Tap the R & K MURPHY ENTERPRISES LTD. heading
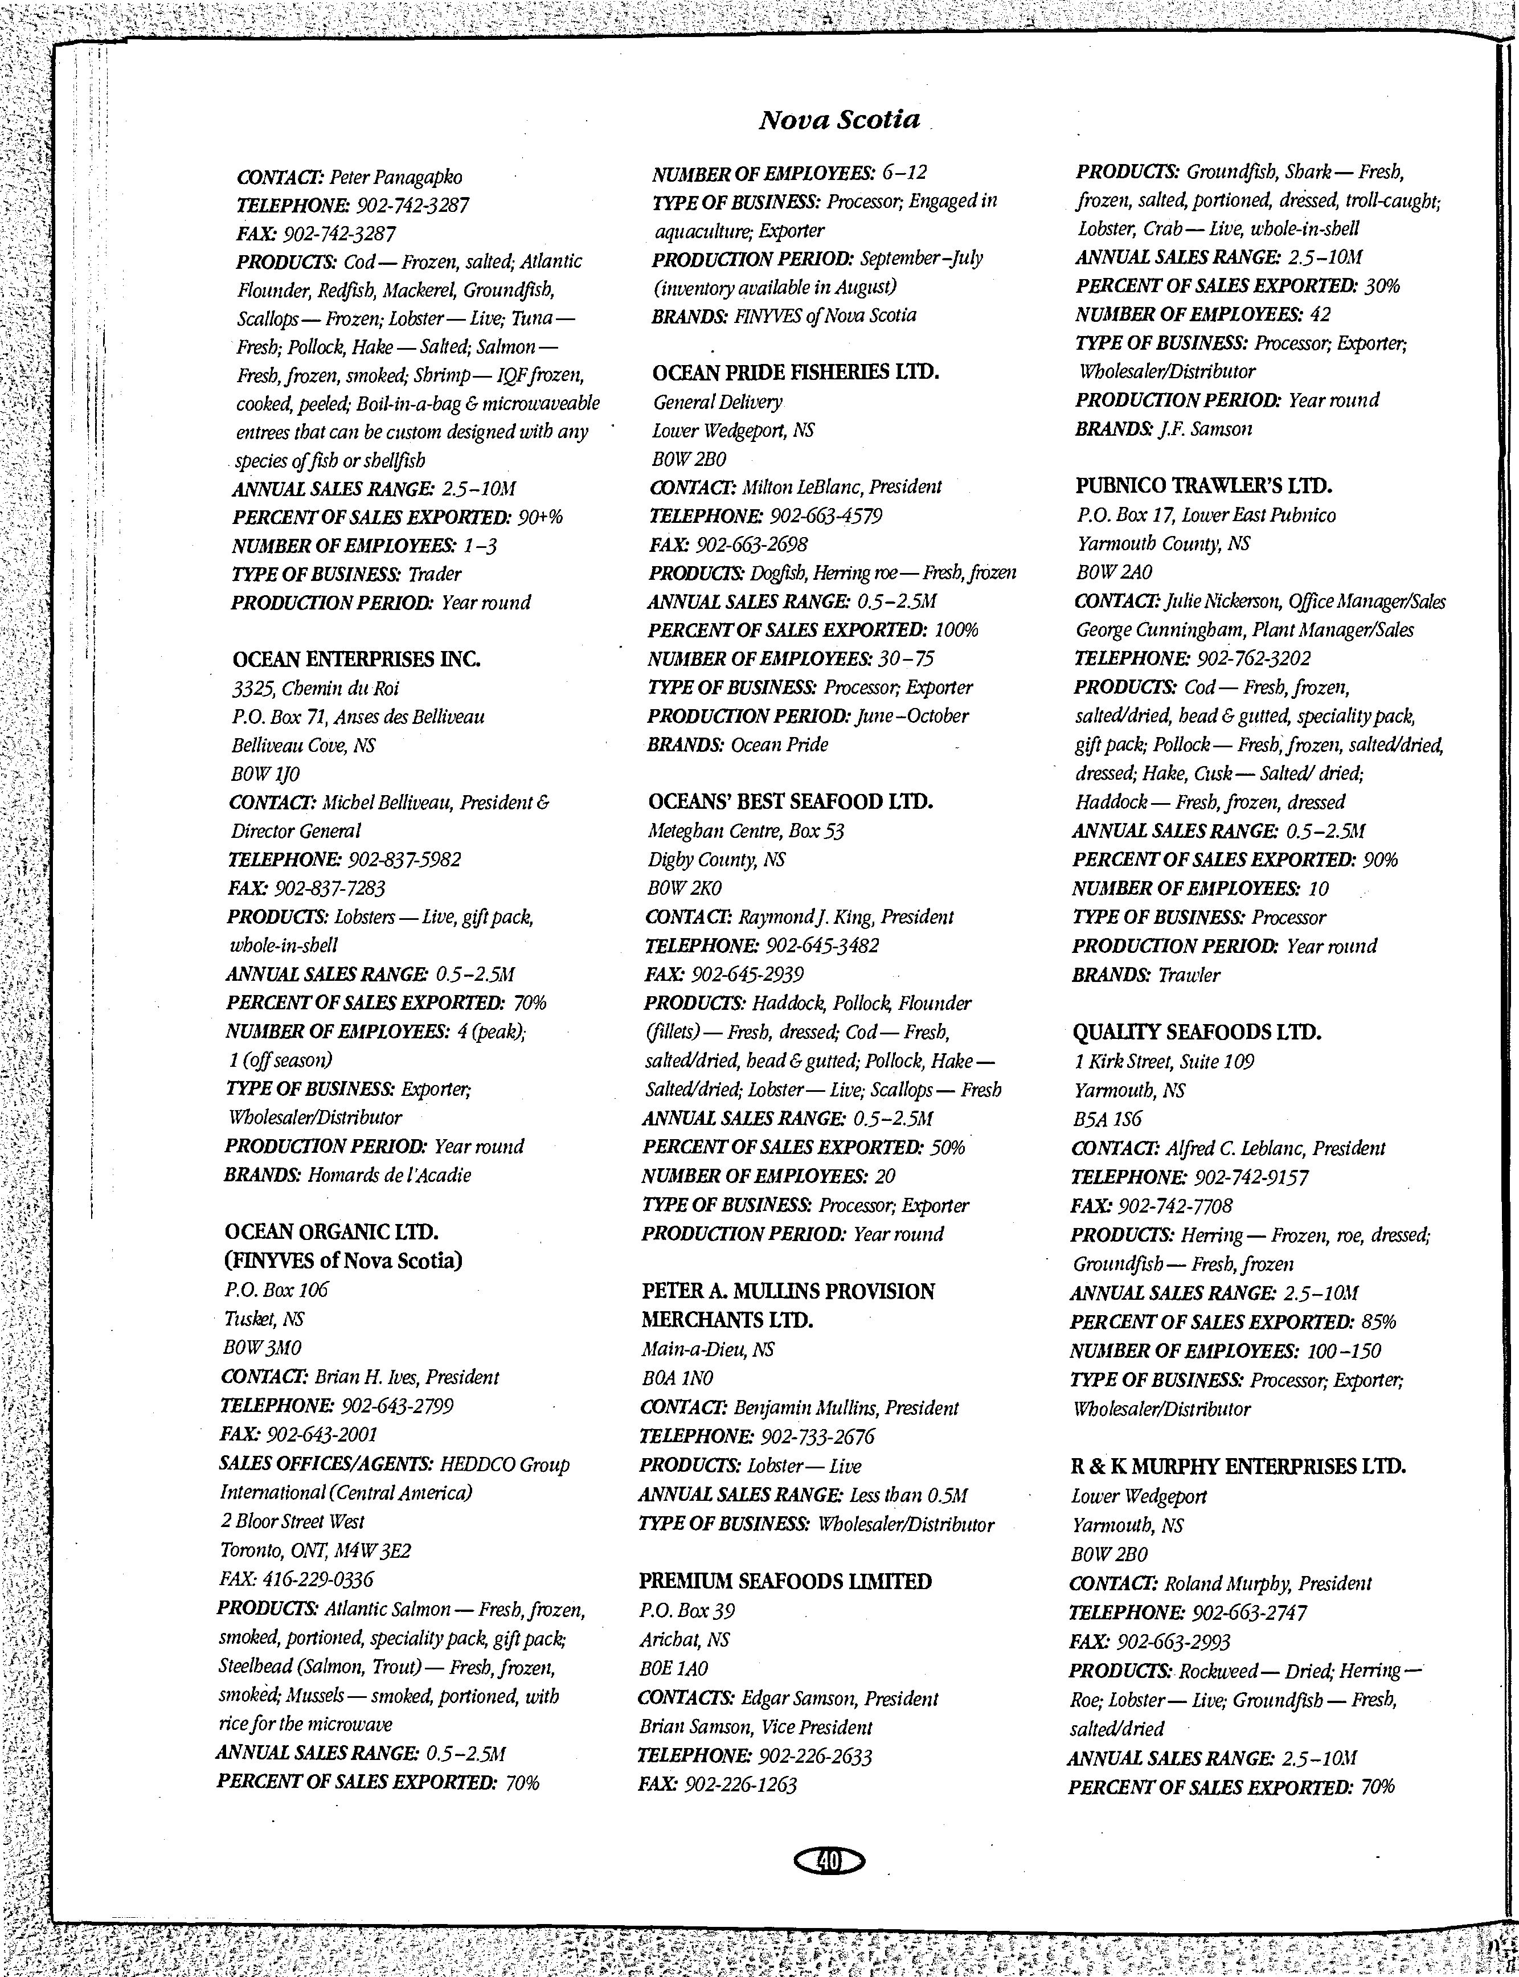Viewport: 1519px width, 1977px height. (1237, 1466)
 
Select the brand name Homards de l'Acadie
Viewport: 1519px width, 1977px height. (389, 1175)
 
